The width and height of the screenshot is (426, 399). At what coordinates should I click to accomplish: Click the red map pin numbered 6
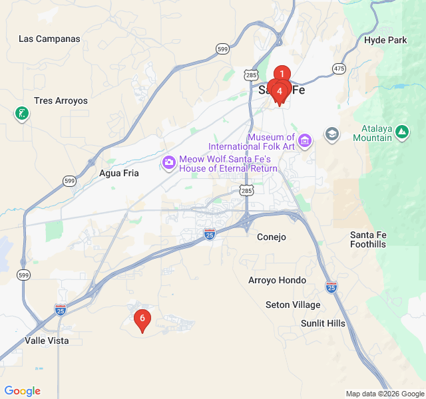(142, 319)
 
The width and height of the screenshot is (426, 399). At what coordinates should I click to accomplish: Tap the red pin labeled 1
(282, 74)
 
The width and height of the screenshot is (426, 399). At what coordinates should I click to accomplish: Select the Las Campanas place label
(49, 39)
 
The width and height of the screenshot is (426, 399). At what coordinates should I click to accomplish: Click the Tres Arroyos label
(61, 101)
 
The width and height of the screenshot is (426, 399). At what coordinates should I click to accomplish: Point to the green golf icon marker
(22, 114)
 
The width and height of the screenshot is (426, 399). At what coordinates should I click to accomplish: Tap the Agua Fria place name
(119, 173)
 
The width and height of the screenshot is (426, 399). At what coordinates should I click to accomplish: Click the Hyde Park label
(385, 40)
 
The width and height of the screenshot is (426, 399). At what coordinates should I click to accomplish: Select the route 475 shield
(339, 68)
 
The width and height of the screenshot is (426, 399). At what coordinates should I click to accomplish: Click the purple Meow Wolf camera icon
(169, 162)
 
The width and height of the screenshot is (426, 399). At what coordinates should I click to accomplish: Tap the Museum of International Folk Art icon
(305, 140)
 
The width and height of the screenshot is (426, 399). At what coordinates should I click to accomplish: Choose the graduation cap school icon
(331, 135)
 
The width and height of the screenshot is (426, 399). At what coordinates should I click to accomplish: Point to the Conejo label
(272, 237)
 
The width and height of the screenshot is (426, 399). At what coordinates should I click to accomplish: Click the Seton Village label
(293, 305)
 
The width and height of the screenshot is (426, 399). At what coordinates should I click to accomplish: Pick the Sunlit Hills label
(323, 323)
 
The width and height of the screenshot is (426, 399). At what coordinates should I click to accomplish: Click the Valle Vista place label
(47, 340)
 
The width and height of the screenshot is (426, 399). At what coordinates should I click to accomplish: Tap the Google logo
(22, 391)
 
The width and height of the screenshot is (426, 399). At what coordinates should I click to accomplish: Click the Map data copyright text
(384, 394)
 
